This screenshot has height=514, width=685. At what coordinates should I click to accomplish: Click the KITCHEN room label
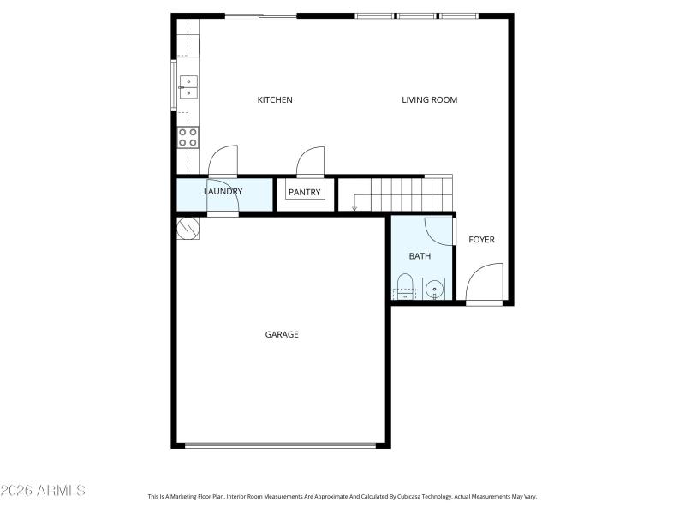point(275,100)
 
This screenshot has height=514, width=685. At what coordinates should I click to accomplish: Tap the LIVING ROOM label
point(429,100)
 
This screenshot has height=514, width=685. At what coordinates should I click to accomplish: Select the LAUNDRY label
point(223,192)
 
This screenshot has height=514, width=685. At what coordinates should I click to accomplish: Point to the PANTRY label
point(304,193)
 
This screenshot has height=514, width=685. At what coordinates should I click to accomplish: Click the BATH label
point(420,256)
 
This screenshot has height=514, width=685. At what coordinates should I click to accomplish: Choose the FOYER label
point(481,240)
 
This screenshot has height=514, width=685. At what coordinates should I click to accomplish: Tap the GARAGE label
point(281,335)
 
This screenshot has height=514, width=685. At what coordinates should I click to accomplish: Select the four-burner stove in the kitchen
point(188,137)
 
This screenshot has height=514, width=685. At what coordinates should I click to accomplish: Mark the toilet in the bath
point(405,286)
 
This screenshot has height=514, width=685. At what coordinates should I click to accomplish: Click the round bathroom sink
point(435,289)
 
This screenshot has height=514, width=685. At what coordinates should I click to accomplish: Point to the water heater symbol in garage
point(188,228)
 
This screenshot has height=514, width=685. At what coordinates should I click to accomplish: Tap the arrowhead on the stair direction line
point(354,207)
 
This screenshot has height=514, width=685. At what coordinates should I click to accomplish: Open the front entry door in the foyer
point(485,284)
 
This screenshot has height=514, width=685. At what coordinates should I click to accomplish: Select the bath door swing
point(438,231)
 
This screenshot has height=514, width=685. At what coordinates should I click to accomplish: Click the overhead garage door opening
point(280,445)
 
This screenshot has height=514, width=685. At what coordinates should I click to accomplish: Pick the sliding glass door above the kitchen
point(261,15)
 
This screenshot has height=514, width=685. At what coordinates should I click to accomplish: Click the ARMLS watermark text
point(43,491)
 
